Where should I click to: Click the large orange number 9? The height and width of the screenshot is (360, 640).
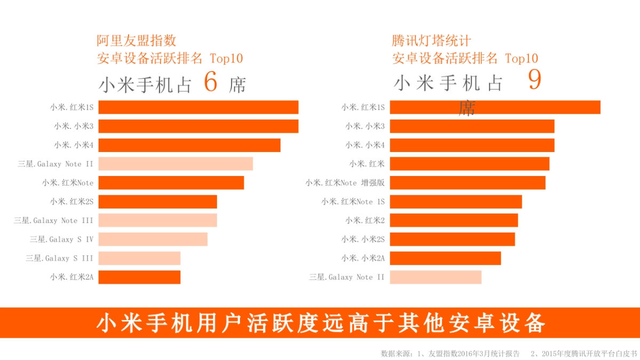tap(534, 80)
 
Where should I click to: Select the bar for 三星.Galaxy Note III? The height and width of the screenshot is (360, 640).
tap(157, 220)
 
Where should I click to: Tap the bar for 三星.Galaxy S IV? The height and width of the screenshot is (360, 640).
tap(153, 239)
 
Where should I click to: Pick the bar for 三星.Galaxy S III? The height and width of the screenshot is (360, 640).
tap(139, 258)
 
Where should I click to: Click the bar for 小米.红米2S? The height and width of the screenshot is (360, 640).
tap(157, 202)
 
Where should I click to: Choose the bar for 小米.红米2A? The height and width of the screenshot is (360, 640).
tap(139, 277)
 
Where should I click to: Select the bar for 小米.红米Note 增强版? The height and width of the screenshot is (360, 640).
tap(467, 183)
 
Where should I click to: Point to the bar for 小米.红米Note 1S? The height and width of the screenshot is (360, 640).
tap(455, 202)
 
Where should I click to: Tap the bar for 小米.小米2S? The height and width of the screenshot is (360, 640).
tap(452, 239)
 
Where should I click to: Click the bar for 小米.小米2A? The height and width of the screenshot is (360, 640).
tap(445, 258)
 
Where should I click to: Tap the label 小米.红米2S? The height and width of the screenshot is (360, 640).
tap(72, 202)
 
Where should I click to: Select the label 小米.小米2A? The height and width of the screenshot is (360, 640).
tap(363, 258)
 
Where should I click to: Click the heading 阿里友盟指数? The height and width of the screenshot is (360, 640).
tap(137, 41)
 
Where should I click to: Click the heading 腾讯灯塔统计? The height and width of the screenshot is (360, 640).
tap(431, 41)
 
